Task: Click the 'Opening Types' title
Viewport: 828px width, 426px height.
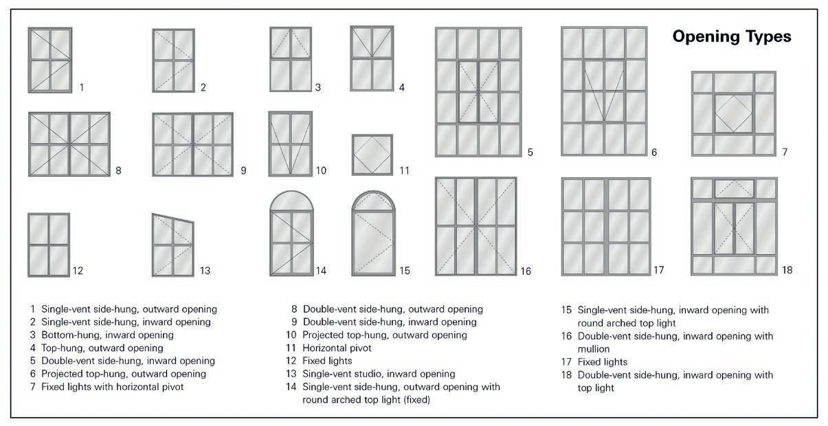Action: pyautogui.click(x=732, y=36)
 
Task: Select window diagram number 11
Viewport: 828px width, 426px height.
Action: pyautogui.click(x=372, y=155)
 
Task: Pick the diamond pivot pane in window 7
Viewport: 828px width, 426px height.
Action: pyautogui.click(x=733, y=113)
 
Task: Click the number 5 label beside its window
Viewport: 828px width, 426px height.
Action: pyautogui.click(x=530, y=153)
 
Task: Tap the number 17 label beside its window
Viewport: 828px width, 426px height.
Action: pyautogui.click(x=658, y=270)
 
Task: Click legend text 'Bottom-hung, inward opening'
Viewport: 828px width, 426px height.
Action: pyautogui.click(x=107, y=335)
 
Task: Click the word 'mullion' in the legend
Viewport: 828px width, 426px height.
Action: pyautogui.click(x=594, y=349)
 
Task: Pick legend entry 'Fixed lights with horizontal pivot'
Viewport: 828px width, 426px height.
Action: pyautogui.click(x=112, y=387)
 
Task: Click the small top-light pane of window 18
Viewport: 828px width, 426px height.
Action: pyautogui.click(x=733, y=188)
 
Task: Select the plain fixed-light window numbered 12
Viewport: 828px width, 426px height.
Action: pyautogui.click(x=49, y=244)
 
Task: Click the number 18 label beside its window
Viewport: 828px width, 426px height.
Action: pyautogui.click(x=787, y=270)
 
